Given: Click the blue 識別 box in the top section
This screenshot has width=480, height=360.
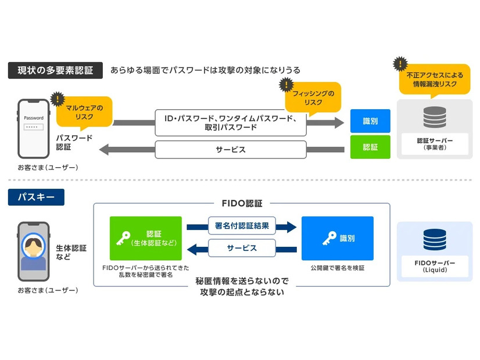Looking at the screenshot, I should (x=370, y=121).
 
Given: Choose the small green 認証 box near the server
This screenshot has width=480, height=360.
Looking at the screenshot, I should (x=370, y=147).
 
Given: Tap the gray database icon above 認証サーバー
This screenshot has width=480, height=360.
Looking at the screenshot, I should (x=435, y=116).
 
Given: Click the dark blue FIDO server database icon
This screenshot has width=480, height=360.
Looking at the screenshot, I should (x=435, y=240).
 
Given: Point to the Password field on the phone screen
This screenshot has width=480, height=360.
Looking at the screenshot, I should (x=33, y=127).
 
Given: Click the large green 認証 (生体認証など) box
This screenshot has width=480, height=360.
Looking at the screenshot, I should (x=145, y=238).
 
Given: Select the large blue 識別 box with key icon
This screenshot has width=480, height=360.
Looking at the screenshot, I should (x=337, y=238).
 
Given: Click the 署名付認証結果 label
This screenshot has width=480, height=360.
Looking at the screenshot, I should (x=241, y=226).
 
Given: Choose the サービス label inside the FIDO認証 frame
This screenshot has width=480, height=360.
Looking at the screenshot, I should (x=241, y=248).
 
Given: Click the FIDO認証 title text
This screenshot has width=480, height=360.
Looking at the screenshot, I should (x=242, y=204).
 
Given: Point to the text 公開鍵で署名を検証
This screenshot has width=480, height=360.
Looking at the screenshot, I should (x=337, y=268).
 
